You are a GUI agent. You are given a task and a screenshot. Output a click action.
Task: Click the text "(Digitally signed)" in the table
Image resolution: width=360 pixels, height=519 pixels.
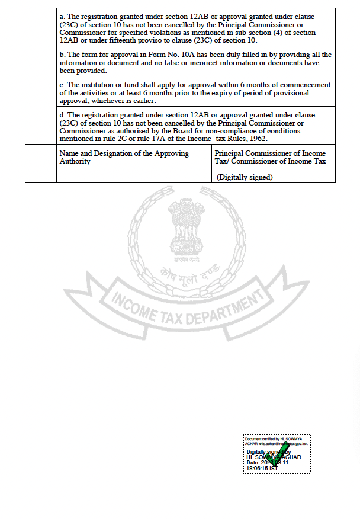click(x=245, y=177)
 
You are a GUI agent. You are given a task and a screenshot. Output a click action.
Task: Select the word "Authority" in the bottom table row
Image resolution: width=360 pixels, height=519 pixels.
click(x=75, y=161)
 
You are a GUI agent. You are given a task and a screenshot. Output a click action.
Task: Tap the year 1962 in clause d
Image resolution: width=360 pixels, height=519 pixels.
click(x=256, y=139)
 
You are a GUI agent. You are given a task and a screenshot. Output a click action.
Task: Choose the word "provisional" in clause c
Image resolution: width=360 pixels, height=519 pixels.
click(x=294, y=93)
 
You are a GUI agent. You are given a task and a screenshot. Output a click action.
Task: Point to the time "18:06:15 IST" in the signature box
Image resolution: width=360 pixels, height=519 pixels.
click(x=262, y=469)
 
